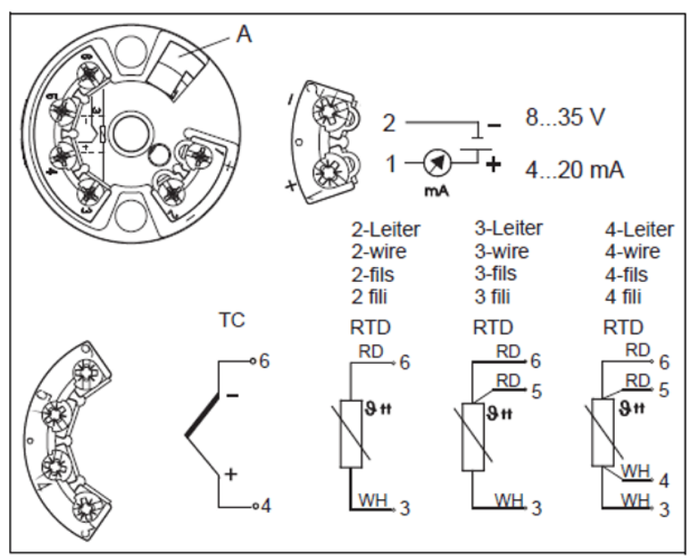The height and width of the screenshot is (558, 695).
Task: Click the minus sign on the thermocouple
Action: click(x=232, y=395)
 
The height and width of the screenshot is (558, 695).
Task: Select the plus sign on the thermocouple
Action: click(x=232, y=474)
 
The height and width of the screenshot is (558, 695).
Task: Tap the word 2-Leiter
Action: click(x=386, y=229)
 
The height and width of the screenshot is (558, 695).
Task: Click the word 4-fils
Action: click(x=622, y=274)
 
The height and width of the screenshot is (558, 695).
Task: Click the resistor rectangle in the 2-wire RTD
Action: click(x=350, y=433)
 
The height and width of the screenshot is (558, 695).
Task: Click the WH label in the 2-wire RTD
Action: click(x=370, y=497)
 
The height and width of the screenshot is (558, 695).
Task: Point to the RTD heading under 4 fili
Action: click(x=620, y=328)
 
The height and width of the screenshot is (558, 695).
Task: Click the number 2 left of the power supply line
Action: click(x=390, y=124)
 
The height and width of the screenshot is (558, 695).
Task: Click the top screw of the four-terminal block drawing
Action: click(x=84, y=374)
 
